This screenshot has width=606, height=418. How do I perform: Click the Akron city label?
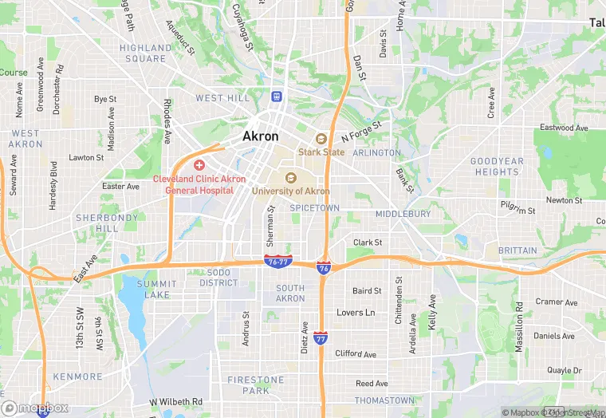click(x=261, y=136)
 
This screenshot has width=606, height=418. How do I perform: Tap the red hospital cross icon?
click(x=199, y=164)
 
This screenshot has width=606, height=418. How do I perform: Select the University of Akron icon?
click(x=290, y=177)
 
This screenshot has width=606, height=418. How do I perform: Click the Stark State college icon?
click(x=321, y=138)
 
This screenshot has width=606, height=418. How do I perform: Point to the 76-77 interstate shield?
click(x=277, y=261)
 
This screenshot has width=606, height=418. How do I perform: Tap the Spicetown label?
click(x=314, y=207)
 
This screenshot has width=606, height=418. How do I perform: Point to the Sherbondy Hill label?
click(x=107, y=223)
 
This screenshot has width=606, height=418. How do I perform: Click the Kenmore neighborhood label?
click(x=78, y=377)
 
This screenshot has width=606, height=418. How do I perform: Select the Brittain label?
click(x=517, y=250)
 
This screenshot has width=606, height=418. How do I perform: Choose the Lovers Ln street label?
click(x=356, y=313)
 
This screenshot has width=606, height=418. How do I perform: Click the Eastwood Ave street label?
click(x=563, y=128)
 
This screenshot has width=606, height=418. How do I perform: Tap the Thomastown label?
click(x=384, y=400)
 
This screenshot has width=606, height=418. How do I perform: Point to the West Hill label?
click(x=222, y=98)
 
